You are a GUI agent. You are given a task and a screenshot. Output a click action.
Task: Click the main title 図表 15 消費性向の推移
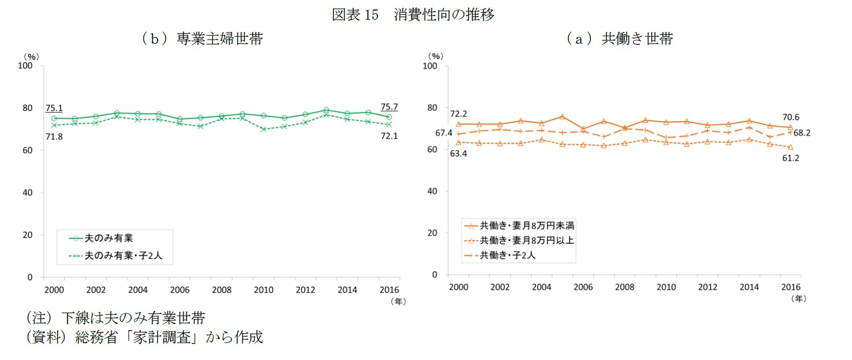click(413, 14)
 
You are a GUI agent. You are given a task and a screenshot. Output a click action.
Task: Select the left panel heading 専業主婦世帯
click(203, 38)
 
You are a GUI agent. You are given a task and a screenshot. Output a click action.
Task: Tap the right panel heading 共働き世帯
click(620, 38)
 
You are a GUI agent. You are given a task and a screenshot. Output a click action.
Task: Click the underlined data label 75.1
click(54, 108)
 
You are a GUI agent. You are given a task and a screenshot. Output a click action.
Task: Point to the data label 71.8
click(54, 137)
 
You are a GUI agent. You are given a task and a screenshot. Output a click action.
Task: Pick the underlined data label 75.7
click(389, 107)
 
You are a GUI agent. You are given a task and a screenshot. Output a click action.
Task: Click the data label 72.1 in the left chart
click(389, 136)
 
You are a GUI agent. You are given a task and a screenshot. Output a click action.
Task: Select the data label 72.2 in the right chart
click(458, 114)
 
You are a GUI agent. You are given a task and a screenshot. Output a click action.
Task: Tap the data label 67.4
click(444, 133)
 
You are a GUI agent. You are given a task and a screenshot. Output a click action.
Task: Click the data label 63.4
click(458, 154)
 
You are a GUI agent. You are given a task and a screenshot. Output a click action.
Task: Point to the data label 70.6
click(790, 118)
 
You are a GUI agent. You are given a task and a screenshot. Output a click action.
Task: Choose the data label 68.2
click(801, 133)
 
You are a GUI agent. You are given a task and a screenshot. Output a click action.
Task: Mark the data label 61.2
click(790, 158)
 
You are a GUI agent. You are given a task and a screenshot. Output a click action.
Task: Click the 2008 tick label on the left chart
click(222, 290)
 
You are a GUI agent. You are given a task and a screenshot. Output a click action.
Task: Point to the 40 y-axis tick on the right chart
click(432, 191)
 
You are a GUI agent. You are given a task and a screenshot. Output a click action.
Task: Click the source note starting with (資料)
click(144, 338)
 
